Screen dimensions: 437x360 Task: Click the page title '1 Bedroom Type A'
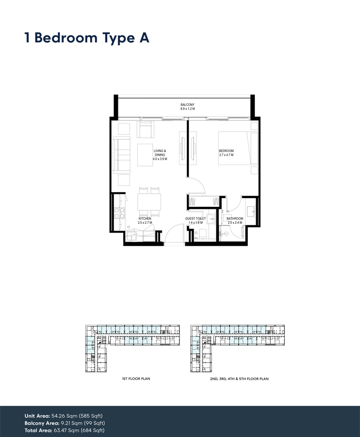click(x=87, y=38)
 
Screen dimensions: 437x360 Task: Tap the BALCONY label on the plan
click(x=187, y=105)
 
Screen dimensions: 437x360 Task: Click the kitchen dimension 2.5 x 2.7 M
click(x=145, y=223)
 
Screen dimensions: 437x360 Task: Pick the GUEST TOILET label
click(x=196, y=219)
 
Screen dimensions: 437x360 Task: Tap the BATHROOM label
click(x=235, y=219)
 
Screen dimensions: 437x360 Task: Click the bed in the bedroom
click(x=235, y=148)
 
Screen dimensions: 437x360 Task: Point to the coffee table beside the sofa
click(x=145, y=155)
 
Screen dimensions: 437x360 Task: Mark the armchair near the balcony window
click(x=146, y=130)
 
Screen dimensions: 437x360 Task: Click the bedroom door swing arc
click(x=195, y=184)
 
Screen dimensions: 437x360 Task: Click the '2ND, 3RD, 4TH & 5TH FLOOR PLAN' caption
click(x=236, y=378)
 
